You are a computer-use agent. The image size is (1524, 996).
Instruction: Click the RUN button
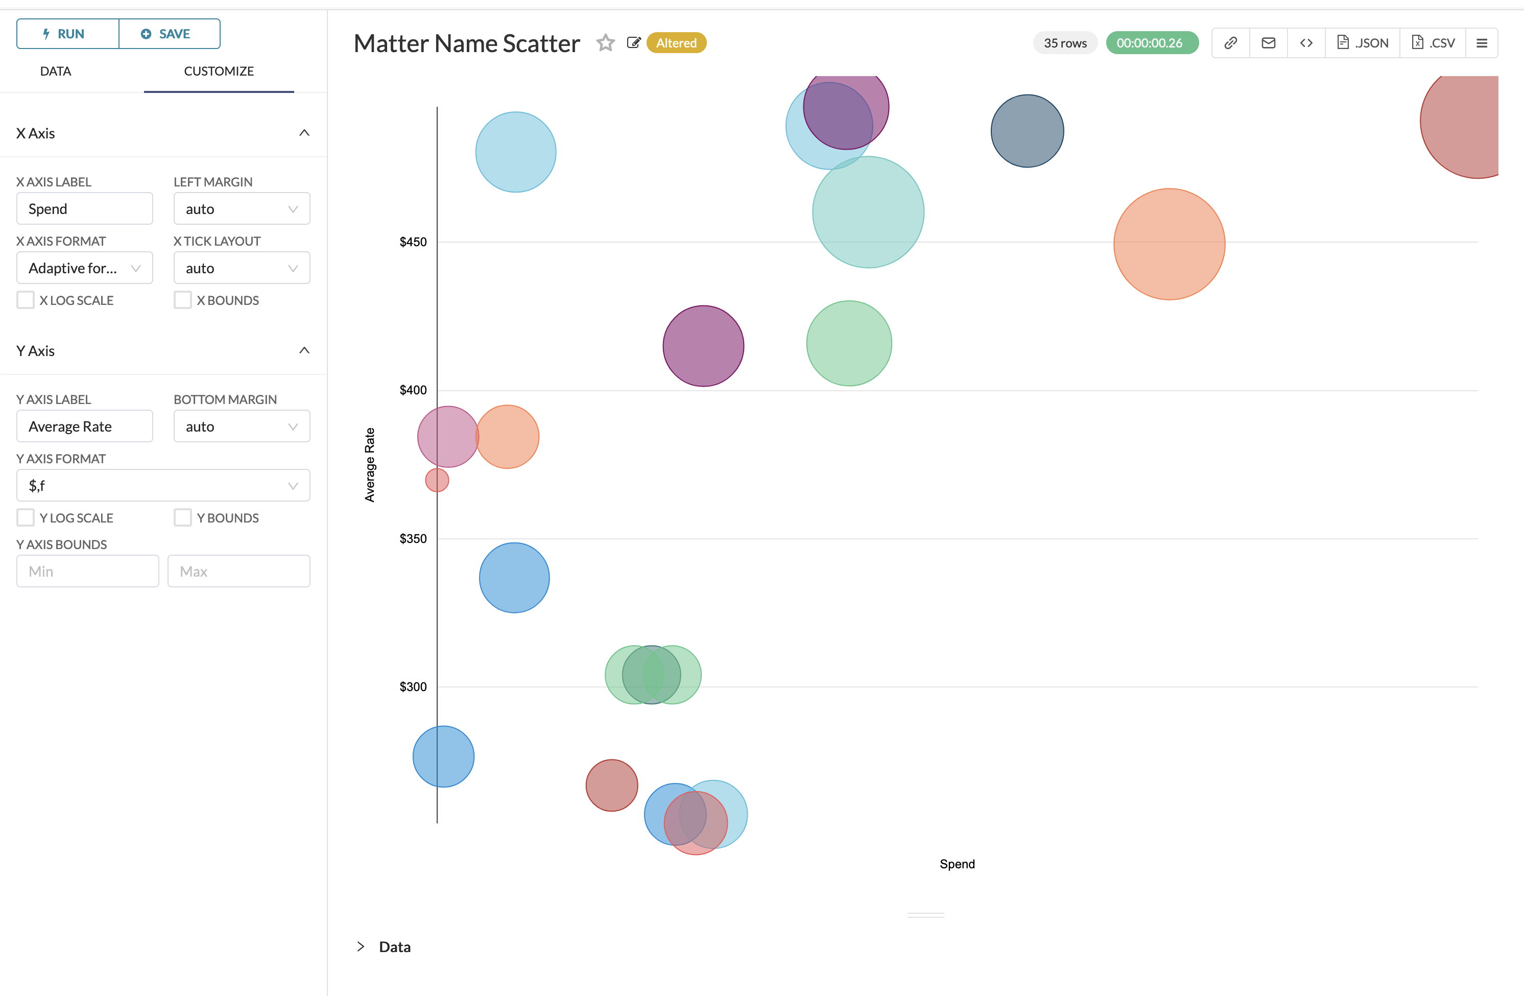[67, 34]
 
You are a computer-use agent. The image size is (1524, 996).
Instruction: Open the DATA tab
[56, 71]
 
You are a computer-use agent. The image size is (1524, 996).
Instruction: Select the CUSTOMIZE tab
[219, 71]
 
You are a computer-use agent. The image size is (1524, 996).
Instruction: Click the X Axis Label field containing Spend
[84, 209]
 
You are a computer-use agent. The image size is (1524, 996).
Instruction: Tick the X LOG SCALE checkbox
[26, 300]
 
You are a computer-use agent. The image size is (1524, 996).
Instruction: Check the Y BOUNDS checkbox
[183, 517]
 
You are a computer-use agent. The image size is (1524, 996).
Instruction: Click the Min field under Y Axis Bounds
[88, 572]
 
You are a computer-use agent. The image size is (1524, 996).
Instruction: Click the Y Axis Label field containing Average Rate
[84, 426]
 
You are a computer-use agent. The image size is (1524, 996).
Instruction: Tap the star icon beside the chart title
[605, 43]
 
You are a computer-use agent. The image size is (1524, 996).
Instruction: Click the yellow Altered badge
[676, 43]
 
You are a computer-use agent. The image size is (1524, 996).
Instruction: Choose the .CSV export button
[1433, 43]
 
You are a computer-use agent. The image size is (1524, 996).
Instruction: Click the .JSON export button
[1363, 43]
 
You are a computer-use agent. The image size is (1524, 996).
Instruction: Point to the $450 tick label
[413, 242]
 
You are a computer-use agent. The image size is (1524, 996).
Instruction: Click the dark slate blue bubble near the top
[1027, 131]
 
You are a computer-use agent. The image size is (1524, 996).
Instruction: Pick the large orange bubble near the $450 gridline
[1169, 244]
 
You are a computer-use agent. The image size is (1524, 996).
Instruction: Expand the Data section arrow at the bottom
[361, 946]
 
